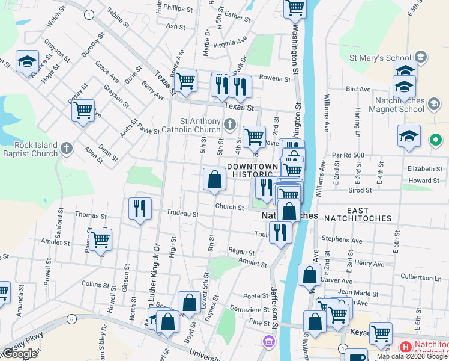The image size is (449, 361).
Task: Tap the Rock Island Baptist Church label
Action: [29, 149]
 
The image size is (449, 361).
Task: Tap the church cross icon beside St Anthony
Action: [229, 125]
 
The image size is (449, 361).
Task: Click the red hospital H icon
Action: [405, 347]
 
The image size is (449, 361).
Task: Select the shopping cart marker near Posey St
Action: [83, 110]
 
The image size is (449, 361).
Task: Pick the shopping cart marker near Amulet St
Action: [100, 239]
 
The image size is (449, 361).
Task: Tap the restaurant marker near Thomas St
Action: [140, 208]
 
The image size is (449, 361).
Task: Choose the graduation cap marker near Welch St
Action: [27, 61]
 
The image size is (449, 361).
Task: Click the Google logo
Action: [20, 354]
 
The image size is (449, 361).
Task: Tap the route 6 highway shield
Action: [71, 319]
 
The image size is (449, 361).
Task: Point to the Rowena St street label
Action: [274, 78]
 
